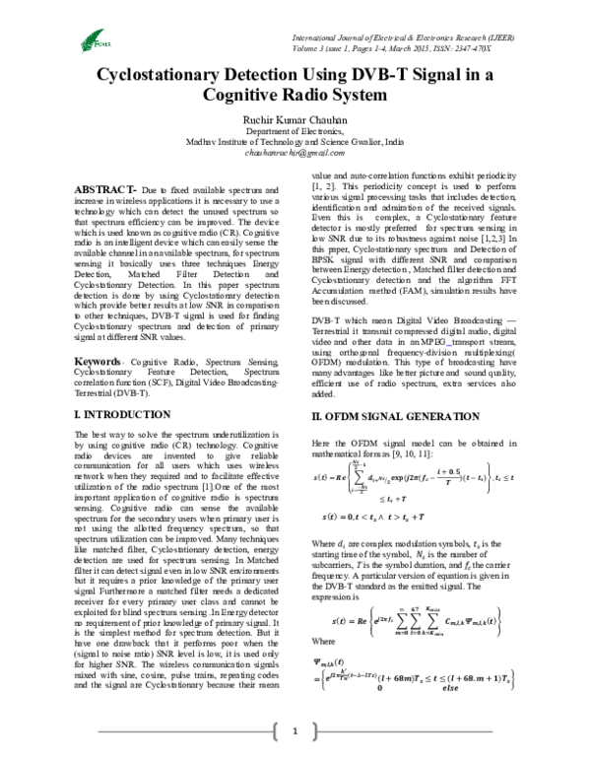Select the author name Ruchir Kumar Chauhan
coord(296,116)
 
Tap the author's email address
coord(295,154)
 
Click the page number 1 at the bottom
coord(296,730)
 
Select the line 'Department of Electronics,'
coord(296,130)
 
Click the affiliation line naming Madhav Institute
coord(296,142)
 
